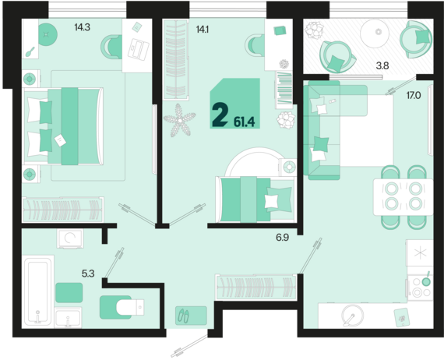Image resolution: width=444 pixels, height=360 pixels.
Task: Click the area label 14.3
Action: pos(82,27)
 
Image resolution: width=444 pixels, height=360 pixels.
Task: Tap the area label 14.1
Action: pos(203,29)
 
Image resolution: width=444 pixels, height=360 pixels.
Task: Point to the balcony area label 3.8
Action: pos(382,66)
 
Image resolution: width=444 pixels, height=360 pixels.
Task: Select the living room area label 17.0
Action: pos(414,95)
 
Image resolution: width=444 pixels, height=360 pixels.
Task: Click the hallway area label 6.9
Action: pos(282,238)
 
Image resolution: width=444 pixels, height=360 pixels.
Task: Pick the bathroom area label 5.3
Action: pos(88,274)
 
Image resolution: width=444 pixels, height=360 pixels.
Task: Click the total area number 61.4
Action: pos(244,122)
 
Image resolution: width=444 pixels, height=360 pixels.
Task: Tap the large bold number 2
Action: pos(220,115)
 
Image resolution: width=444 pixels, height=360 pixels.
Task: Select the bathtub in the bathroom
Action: pos(38,291)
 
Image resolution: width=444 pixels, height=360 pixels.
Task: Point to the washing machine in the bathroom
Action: pos(70,238)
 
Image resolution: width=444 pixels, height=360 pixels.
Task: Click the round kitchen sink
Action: pos(353,316)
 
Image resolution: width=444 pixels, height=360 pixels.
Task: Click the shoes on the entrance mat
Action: pos(184,316)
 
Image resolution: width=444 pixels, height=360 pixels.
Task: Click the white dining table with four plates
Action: pos(403,197)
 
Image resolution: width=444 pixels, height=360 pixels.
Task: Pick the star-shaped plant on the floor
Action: pos(179,120)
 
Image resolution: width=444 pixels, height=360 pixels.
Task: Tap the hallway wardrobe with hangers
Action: pos(256,288)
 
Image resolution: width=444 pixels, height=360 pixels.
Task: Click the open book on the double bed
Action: pos(60,140)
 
